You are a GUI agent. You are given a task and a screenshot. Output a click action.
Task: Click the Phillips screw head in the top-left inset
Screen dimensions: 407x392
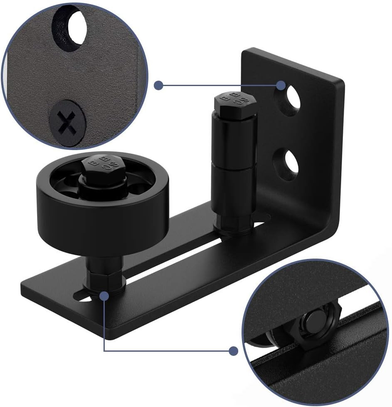[67, 121]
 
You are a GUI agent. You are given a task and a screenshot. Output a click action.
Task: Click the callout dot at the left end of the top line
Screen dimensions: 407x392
[158, 86]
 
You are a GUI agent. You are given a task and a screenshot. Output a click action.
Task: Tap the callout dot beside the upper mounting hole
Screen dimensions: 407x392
[281, 86]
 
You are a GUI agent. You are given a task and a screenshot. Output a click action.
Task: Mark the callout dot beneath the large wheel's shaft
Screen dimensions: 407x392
[104, 296]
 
